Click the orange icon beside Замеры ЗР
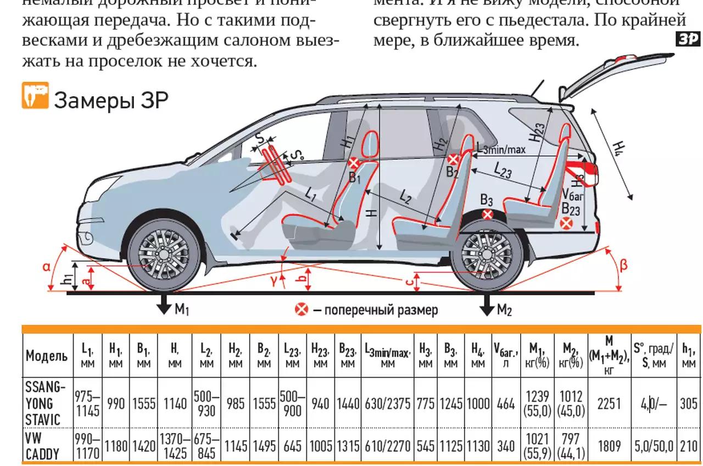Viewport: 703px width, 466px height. coord(36,96)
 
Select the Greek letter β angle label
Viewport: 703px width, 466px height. coord(623,265)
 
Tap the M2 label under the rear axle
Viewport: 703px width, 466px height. coord(504,310)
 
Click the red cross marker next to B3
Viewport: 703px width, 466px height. coord(487,214)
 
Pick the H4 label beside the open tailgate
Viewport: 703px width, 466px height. coord(619,148)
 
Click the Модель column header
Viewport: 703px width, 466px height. coord(47,356)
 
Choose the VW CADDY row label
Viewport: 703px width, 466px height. coord(42,446)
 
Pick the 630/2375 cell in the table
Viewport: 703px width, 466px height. coord(387,404)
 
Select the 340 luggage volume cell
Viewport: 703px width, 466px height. coord(505,446)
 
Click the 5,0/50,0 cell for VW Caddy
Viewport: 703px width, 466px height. coord(654,446)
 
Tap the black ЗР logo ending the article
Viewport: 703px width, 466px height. coord(687,39)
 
